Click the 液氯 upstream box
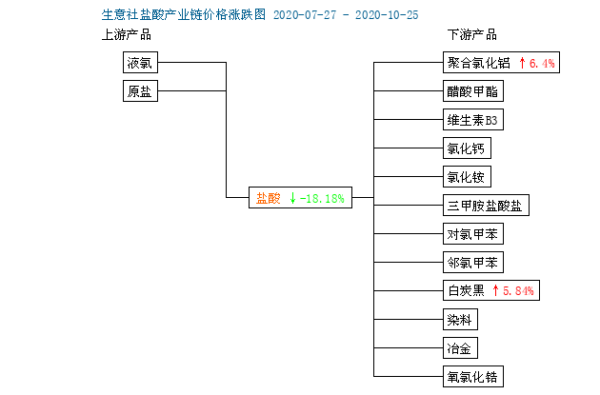(x=140, y=62)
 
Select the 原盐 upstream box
(x=140, y=91)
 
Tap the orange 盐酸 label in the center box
(x=268, y=198)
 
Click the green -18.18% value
(x=322, y=199)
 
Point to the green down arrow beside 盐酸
(x=292, y=198)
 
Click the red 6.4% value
(x=542, y=63)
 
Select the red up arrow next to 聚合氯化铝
(x=522, y=63)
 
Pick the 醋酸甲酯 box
(x=473, y=91)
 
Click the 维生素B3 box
(x=473, y=120)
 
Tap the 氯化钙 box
(x=467, y=148)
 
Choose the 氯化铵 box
(x=467, y=177)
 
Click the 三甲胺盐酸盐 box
(x=486, y=206)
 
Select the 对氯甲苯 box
(x=473, y=233)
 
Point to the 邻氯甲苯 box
(x=473, y=263)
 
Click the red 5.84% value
(x=518, y=291)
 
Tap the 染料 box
(x=460, y=319)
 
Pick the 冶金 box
(x=460, y=348)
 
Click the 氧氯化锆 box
(x=473, y=377)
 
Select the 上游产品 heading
(x=127, y=35)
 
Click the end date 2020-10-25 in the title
(x=387, y=15)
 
